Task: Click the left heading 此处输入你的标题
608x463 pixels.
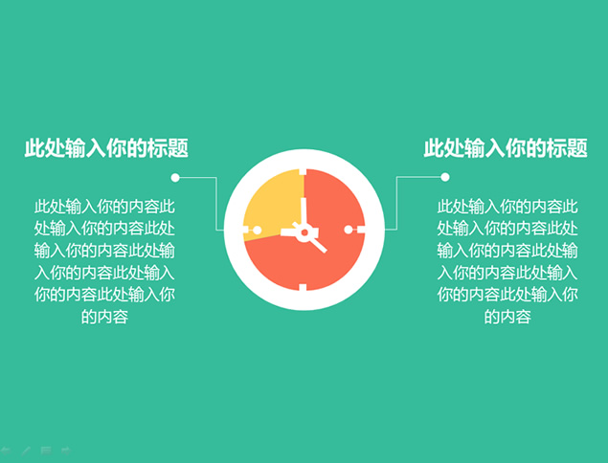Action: pyautogui.click(x=106, y=147)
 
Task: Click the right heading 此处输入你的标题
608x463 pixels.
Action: pyautogui.click(x=506, y=147)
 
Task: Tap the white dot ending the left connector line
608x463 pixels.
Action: pyautogui.click(x=175, y=177)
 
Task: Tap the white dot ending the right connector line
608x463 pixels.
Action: pyautogui.click(x=445, y=177)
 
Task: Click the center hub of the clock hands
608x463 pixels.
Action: pyautogui.click(x=304, y=232)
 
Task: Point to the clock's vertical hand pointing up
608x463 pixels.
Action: pyautogui.click(x=304, y=212)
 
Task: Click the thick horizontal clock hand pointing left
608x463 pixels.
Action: pyautogui.click(x=289, y=232)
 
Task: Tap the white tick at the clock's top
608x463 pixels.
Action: pyautogui.click(x=303, y=172)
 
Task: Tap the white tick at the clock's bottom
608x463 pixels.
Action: pyautogui.click(x=303, y=287)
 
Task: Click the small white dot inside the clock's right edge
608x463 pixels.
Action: pyautogui.click(x=349, y=230)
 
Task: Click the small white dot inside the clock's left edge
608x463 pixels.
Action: pyautogui.click(x=257, y=231)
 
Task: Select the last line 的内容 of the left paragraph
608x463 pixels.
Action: pyautogui.click(x=104, y=317)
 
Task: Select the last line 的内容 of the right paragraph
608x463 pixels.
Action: pyautogui.click(x=507, y=317)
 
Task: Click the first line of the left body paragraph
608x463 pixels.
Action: pyautogui.click(x=104, y=207)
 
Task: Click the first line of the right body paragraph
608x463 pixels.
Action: pyautogui.click(x=507, y=207)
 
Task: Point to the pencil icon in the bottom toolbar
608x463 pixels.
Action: pyautogui.click(x=26, y=451)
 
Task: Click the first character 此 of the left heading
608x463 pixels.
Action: pyautogui.click(x=34, y=147)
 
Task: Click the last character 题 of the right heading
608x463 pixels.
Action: pyautogui.click(x=577, y=147)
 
